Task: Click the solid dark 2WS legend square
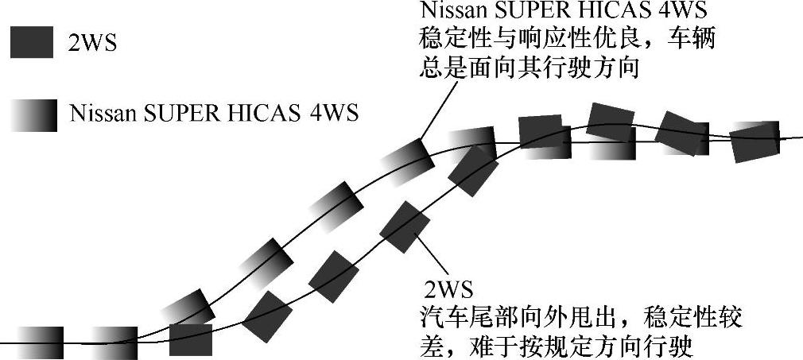(x=33, y=42)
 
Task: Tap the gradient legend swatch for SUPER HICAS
(x=33, y=114)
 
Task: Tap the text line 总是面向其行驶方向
(x=530, y=68)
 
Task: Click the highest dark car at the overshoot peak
(x=611, y=122)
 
